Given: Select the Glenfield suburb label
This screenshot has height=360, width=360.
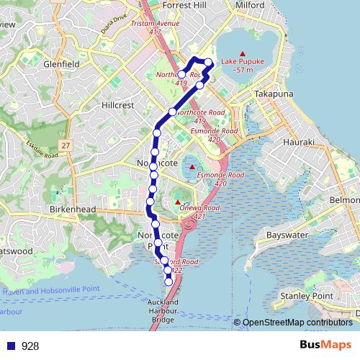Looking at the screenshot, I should (60, 63).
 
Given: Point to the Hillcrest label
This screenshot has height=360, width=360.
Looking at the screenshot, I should (117, 104).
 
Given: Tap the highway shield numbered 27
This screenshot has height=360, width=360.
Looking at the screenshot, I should (66, 145).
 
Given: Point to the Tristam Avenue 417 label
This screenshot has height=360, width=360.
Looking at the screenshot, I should (156, 27).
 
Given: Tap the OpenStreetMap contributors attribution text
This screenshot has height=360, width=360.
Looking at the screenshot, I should (299, 323).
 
